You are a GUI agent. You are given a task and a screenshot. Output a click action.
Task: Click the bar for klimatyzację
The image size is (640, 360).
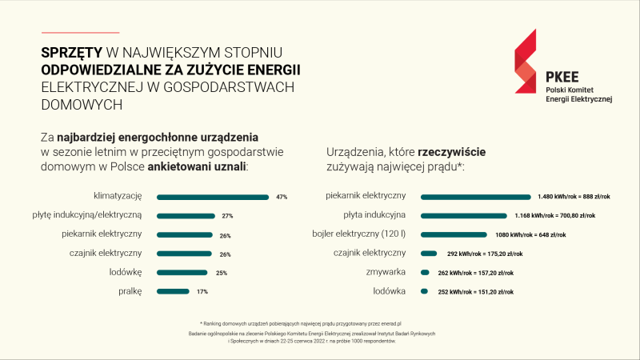tap(213, 197)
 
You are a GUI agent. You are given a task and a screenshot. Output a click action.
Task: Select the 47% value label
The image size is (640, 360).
tap(281, 197)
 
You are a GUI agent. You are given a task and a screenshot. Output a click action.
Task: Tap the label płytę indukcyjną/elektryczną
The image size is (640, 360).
tap(98, 215)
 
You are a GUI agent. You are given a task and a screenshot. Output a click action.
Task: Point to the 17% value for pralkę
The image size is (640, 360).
tap(202, 291)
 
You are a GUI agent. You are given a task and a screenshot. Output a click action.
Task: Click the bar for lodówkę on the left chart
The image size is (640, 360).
tap(182, 272)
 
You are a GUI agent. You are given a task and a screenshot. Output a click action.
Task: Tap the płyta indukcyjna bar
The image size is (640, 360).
tap(464, 215)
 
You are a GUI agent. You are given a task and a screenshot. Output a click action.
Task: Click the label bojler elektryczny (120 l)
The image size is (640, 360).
tap(360, 234)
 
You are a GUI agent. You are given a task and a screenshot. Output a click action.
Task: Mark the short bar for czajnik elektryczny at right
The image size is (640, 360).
tap(429, 254)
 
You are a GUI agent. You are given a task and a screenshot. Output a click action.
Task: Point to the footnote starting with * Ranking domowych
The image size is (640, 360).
tap(311, 322)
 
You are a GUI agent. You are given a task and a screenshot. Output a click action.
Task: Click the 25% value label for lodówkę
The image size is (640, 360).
tap(222, 273)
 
